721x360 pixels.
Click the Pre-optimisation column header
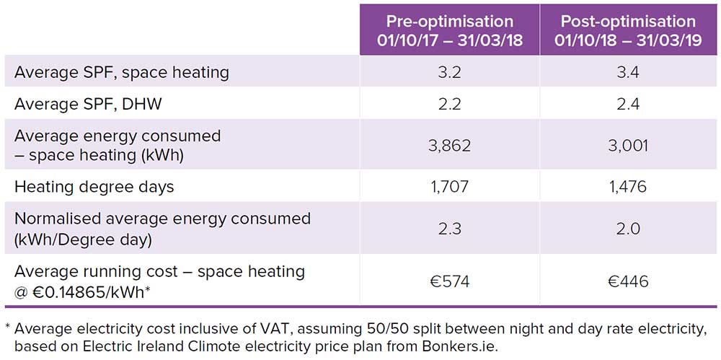pos(449,30)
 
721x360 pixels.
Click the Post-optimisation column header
pos(628,30)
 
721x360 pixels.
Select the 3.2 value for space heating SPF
pos(449,73)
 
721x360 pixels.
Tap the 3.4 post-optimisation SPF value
pos(628,73)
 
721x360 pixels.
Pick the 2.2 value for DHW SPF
pos(449,105)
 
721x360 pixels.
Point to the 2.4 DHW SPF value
pos(628,105)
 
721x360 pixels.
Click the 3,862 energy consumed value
pos(449,146)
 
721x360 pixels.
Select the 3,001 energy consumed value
pos(628,146)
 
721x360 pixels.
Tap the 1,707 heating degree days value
pos(449,188)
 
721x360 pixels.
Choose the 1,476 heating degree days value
pos(628,188)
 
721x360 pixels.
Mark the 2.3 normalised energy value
pos(449,229)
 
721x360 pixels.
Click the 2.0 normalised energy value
pos(628,229)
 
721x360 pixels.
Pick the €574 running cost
pos(449,281)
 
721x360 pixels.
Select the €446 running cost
pos(628,281)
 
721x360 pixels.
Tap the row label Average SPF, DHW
pos(88,105)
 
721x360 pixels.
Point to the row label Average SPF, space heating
pos(121,73)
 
